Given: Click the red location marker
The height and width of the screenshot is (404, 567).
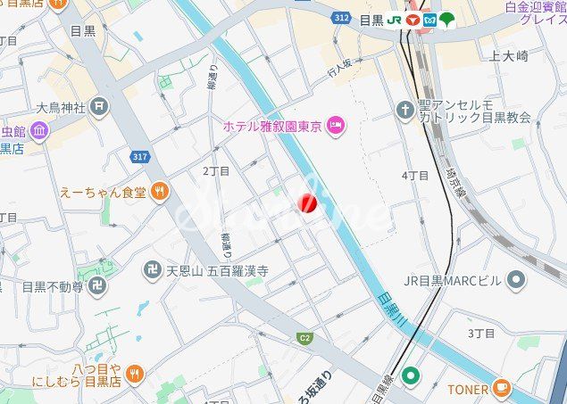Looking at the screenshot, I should (307, 204).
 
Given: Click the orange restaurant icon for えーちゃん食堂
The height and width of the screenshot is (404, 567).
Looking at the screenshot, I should (160, 189).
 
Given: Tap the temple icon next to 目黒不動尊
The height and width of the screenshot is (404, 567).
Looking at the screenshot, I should (98, 287).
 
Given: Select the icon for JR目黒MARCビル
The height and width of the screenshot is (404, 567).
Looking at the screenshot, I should (515, 281).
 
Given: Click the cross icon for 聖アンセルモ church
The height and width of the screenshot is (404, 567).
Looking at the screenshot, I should (404, 109).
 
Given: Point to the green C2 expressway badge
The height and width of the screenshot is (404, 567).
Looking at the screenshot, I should (304, 338).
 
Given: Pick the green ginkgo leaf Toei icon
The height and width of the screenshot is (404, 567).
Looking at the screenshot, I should (446, 19).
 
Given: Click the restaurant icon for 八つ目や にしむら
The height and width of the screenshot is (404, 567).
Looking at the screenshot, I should (135, 373).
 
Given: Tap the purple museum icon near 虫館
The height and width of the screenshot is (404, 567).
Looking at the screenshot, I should (38, 131).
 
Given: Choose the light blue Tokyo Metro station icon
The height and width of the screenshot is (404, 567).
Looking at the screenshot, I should (429, 19).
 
